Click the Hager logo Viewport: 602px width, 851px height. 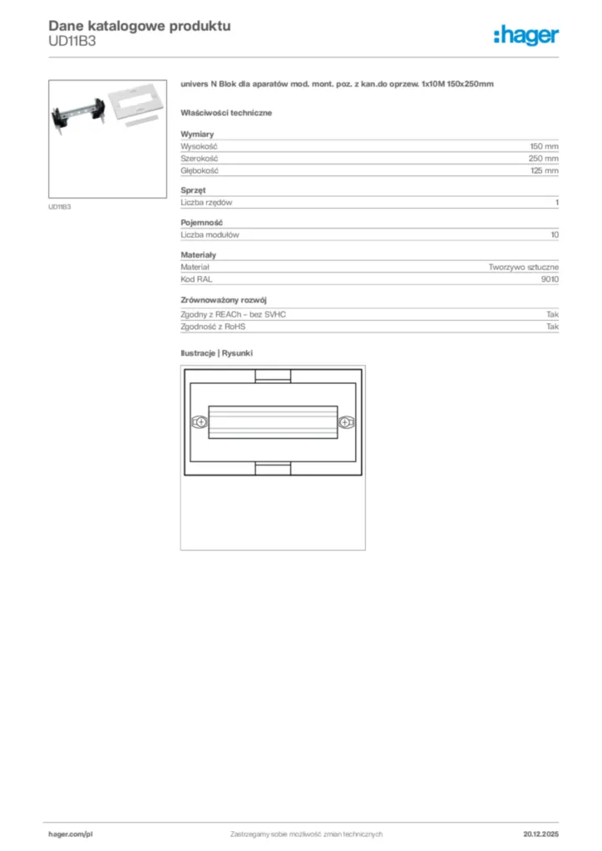coord(526,35)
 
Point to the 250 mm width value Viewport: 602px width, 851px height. coord(544,158)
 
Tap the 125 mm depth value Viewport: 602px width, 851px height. coord(544,170)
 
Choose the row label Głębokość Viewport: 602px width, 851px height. coord(200,170)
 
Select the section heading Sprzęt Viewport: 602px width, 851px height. coord(193,190)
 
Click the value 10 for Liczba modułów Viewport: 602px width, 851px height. coord(555,235)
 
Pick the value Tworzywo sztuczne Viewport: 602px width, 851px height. coord(523,267)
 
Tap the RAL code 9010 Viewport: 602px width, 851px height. coord(550,279)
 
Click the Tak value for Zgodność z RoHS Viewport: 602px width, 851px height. coord(552,327)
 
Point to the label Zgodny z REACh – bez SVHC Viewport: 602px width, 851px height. coord(239,314)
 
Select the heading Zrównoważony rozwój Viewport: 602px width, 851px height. coord(224,299)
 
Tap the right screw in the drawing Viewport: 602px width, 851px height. coord(343,422)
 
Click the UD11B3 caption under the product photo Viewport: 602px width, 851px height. coord(60,207)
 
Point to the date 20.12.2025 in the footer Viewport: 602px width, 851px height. coord(540,833)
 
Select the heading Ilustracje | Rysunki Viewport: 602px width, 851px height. coord(216,353)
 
